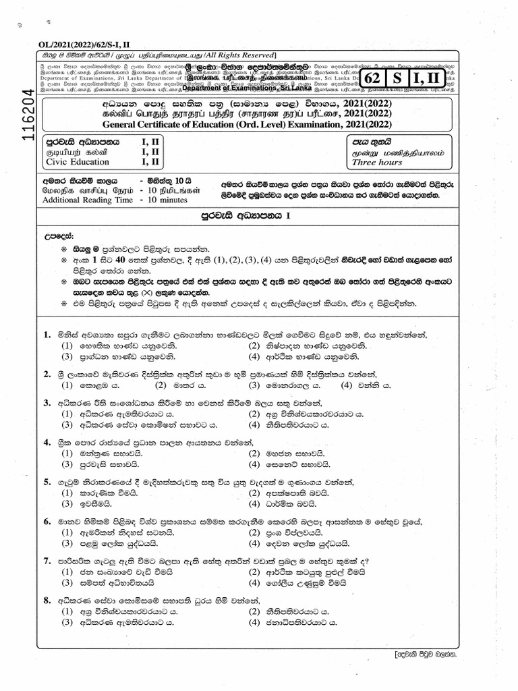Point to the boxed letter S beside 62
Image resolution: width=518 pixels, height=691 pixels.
(399, 79)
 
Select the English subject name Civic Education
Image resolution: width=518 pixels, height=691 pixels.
(76, 162)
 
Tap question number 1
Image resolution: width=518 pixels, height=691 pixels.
(47, 335)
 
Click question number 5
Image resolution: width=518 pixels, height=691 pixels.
(47, 482)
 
